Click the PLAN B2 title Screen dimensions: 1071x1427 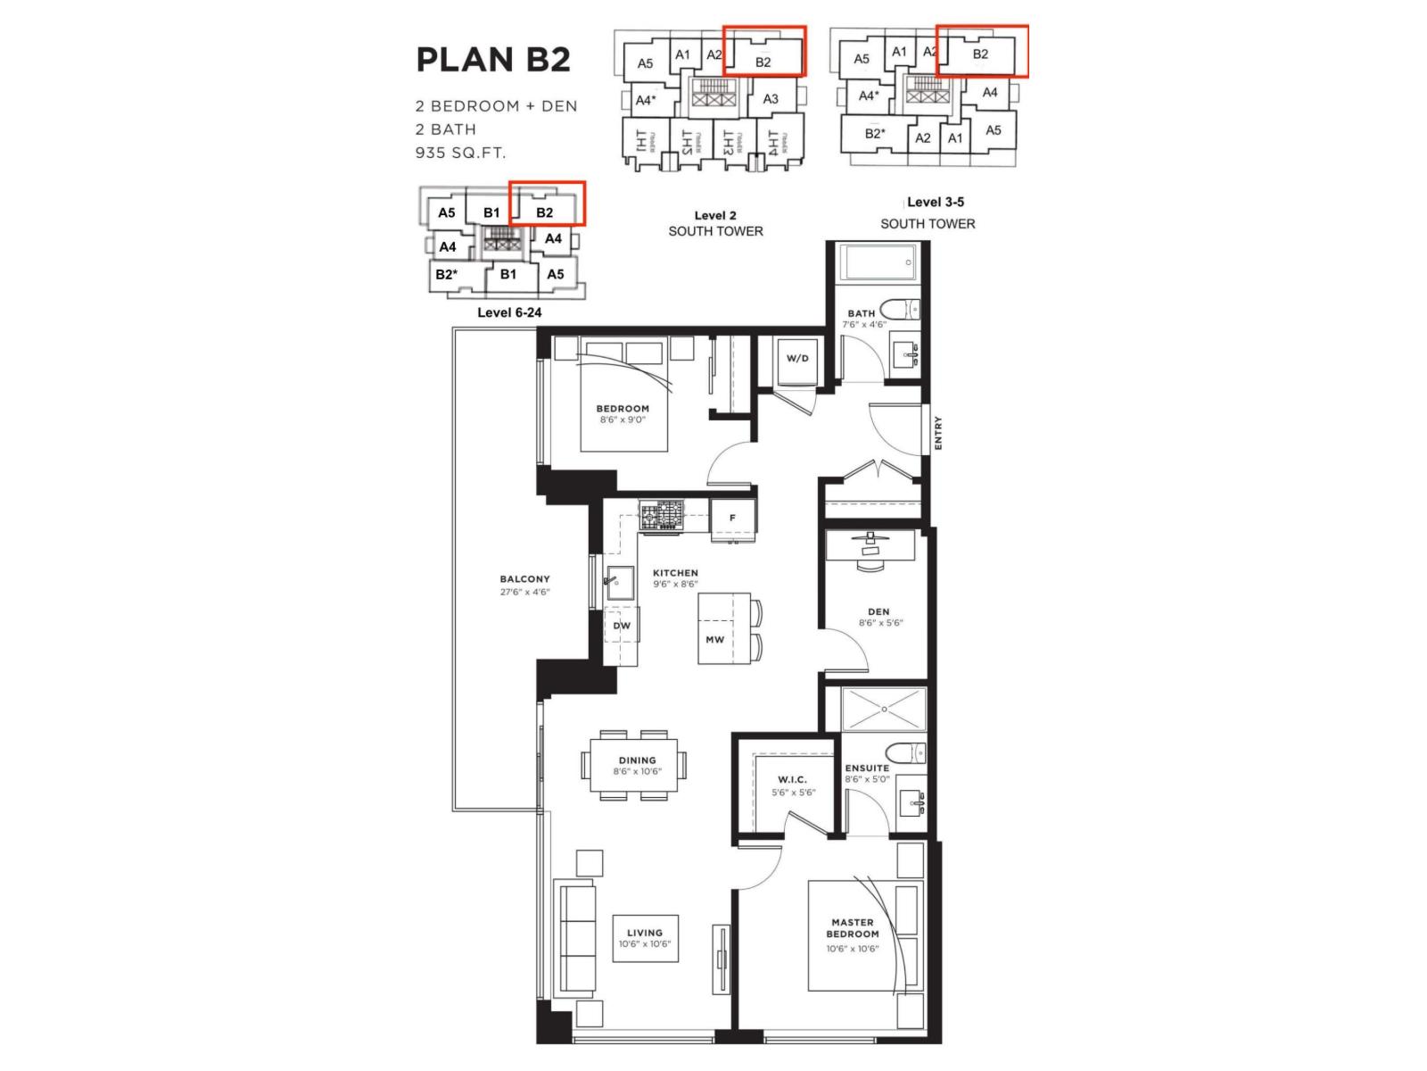click(493, 60)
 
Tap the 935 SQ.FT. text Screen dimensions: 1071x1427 click(460, 153)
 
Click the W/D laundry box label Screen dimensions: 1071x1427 click(797, 359)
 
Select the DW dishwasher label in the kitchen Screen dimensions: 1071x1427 click(622, 626)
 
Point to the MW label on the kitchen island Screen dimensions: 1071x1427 click(714, 640)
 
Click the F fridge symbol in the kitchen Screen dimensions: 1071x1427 click(733, 519)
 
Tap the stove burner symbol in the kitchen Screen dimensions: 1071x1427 click(661, 516)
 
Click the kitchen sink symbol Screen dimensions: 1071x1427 click(618, 584)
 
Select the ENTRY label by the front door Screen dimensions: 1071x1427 click(938, 433)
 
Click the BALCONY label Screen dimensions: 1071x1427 click(524, 579)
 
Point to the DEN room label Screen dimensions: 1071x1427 click(878, 612)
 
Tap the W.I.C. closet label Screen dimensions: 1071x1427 click(792, 780)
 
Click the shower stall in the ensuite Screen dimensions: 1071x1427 click(884, 710)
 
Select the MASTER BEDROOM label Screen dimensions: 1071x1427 click(853, 928)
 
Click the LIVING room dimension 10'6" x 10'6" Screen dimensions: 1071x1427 click(645, 944)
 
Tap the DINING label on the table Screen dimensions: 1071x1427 click(638, 760)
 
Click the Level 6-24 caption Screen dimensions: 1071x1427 click(509, 312)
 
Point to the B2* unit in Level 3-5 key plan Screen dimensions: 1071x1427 click(874, 134)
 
